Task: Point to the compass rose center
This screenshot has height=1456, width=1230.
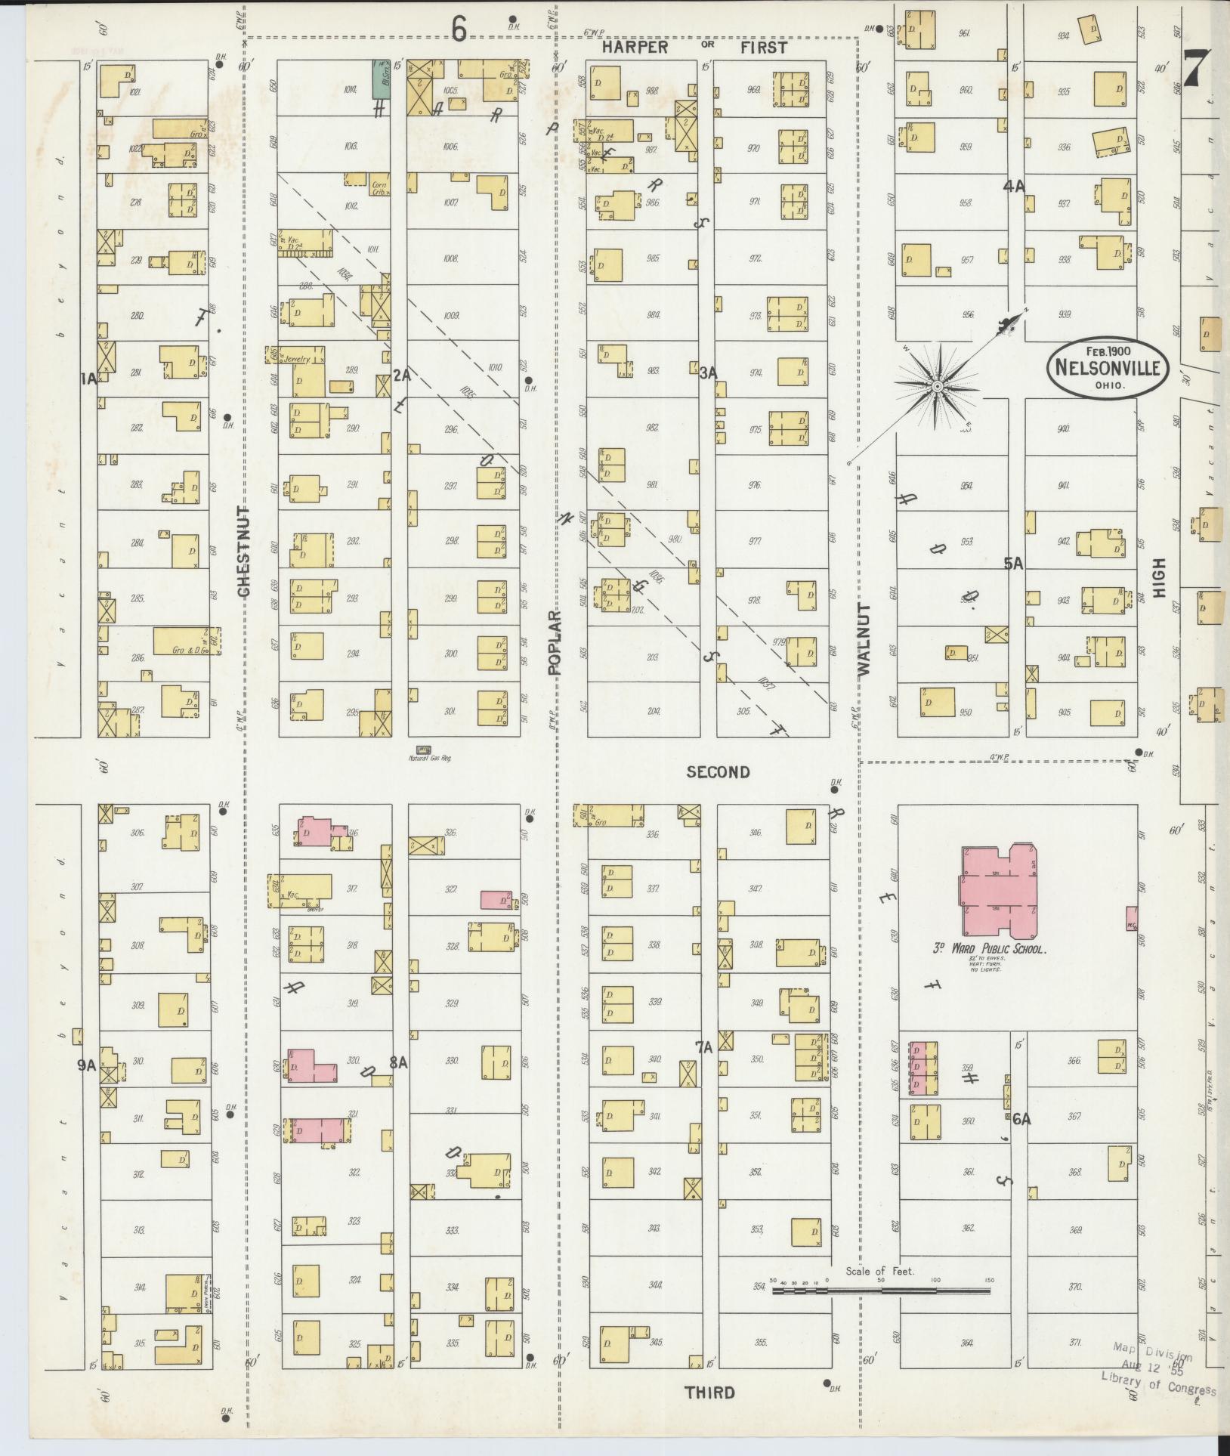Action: pyautogui.click(x=937, y=387)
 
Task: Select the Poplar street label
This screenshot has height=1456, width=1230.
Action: pyautogui.click(x=556, y=642)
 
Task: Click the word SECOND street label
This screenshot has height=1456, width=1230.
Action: pyautogui.click(x=718, y=771)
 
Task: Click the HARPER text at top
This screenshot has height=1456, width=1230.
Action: pyautogui.click(x=635, y=48)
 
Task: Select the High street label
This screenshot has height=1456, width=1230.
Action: pyautogui.click(x=1160, y=578)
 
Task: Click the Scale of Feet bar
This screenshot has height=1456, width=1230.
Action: pyautogui.click(x=881, y=1291)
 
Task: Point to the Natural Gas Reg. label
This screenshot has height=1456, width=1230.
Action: pyautogui.click(x=429, y=758)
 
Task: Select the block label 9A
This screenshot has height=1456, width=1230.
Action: pyautogui.click(x=87, y=1065)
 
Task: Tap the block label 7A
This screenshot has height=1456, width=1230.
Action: pyautogui.click(x=704, y=1047)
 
